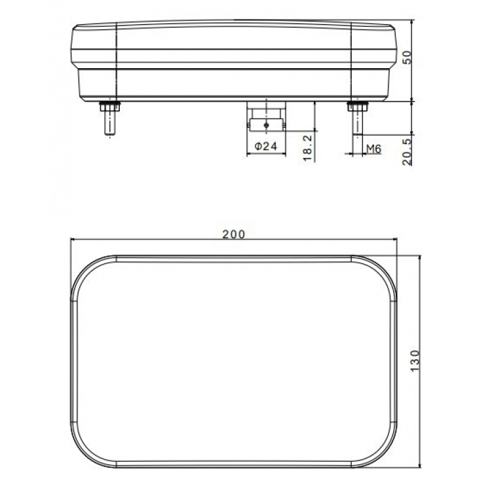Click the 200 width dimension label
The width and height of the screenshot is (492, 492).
[233, 234]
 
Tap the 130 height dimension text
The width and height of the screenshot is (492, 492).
[414, 361]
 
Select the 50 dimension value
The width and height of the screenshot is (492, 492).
[406, 57]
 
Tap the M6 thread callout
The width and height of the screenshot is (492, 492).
[373, 149]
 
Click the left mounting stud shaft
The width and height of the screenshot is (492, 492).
[107, 123]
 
